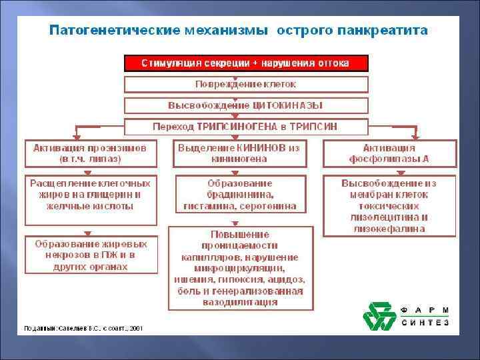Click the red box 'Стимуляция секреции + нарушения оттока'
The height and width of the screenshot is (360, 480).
[x=246, y=63]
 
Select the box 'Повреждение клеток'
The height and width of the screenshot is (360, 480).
[x=246, y=85]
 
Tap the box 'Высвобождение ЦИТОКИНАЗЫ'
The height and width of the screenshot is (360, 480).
[x=246, y=105]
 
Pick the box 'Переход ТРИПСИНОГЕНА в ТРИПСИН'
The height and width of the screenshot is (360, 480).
[x=246, y=126]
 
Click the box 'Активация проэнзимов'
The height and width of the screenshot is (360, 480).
[x=91, y=153]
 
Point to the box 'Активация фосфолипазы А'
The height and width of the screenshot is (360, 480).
[x=390, y=153]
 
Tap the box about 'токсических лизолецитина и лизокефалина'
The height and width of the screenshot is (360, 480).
[x=390, y=205]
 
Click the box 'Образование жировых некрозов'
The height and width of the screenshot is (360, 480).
[x=91, y=255]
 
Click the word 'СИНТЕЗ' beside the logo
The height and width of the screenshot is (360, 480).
[x=425, y=323]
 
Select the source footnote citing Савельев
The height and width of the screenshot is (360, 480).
[x=83, y=328]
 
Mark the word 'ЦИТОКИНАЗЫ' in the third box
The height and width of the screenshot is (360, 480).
[x=287, y=105]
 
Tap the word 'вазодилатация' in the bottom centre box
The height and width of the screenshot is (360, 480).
[x=240, y=302]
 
